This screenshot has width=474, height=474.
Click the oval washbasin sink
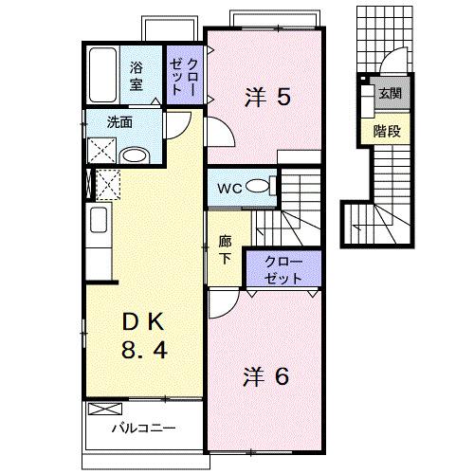coord(135,155)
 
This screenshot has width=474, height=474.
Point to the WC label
coord(230,188)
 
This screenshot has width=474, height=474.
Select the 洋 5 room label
coord(267,97)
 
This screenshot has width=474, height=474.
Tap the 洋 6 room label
coord(267,375)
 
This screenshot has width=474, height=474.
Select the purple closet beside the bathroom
coord(184,73)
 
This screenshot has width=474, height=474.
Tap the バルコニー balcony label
coord(142,428)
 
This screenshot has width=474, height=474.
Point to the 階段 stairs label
coord(386,131)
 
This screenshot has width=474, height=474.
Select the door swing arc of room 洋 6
coord(221,303)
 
